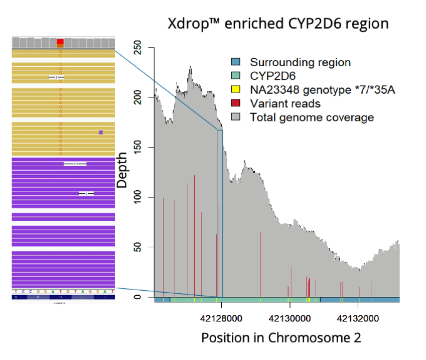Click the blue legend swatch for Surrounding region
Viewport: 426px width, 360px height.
point(235,63)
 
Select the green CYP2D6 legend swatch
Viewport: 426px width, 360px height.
point(235,76)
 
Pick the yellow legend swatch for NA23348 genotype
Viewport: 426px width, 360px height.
point(235,90)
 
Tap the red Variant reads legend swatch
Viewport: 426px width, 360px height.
point(235,104)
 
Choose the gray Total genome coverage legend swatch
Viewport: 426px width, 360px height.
point(235,117)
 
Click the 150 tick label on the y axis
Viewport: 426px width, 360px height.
point(134,148)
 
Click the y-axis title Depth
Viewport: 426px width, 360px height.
point(122,174)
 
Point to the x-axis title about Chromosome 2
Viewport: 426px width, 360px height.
point(281,338)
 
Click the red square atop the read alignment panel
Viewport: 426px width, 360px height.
point(60,42)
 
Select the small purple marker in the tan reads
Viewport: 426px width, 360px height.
point(101,132)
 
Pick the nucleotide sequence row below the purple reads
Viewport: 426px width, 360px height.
point(63,292)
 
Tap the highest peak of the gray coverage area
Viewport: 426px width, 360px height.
point(191,67)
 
